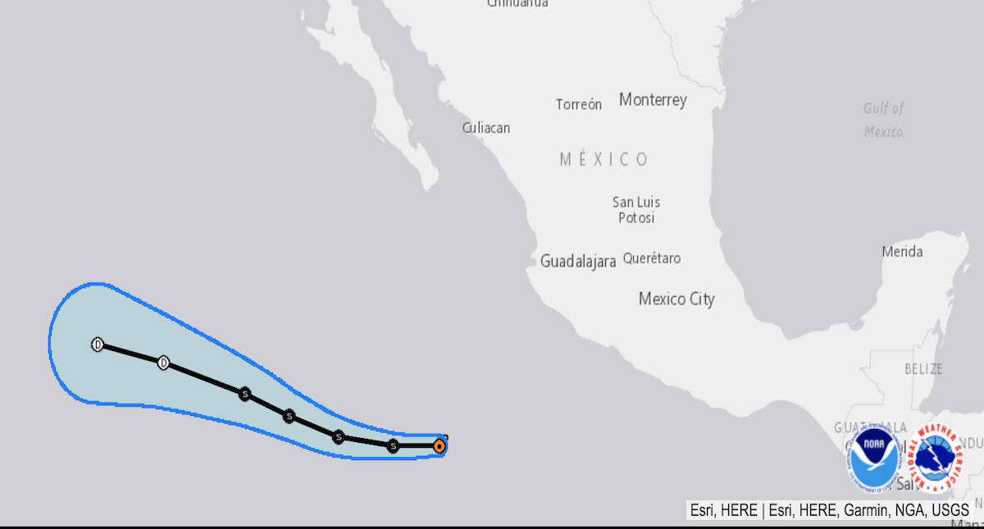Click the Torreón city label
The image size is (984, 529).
pos(578,104)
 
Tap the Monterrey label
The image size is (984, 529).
pos(653,100)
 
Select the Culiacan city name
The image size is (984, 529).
pos(485,127)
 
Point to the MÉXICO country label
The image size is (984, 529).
pos(604,159)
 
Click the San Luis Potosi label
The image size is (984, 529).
pos(636,210)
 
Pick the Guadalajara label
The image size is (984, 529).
pos(577,262)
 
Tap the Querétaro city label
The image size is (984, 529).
pos(652,258)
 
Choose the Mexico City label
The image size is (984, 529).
pos(676,299)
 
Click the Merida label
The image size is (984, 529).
pos(902,252)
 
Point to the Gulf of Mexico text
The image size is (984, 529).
pos(883,120)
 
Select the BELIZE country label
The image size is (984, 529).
pos(923,369)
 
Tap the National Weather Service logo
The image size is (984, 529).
pos(937,457)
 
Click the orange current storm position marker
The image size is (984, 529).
pos(439,446)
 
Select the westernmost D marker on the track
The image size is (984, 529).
pos(98,344)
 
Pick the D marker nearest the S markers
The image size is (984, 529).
pos(163,363)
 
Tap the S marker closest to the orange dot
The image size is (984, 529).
pos(393,446)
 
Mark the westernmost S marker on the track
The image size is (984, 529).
pos(244,394)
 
